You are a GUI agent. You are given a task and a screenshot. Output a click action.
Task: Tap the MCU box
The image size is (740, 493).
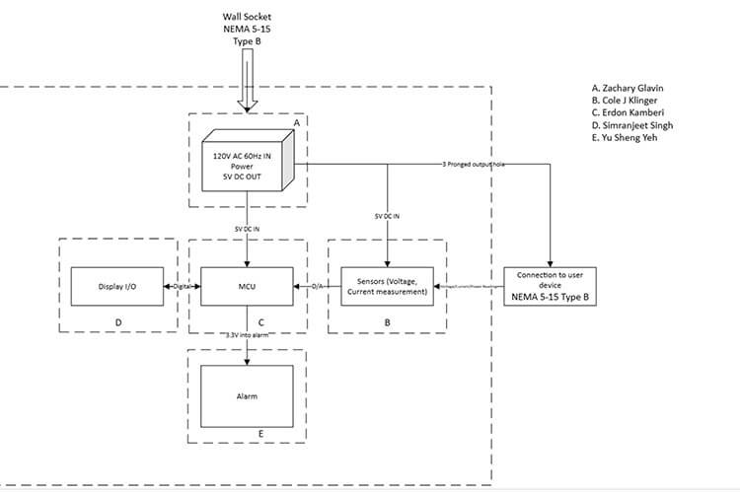247,286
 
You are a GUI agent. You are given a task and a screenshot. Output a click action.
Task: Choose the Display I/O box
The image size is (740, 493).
118,286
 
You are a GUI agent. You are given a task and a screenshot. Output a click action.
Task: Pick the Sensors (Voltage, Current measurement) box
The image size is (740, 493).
387,286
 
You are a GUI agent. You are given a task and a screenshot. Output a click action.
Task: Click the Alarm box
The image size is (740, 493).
247,395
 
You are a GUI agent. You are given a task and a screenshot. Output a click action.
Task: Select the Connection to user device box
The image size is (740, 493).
552,286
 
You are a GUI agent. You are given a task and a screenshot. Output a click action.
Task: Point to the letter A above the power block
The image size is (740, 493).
295,121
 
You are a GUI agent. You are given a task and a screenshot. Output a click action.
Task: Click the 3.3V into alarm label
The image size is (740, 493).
247,336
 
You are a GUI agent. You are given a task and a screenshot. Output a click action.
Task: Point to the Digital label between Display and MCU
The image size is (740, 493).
182,286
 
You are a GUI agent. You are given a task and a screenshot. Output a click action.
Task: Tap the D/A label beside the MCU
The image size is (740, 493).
317,286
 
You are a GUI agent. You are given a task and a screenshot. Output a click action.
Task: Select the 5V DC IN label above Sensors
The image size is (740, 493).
387,216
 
